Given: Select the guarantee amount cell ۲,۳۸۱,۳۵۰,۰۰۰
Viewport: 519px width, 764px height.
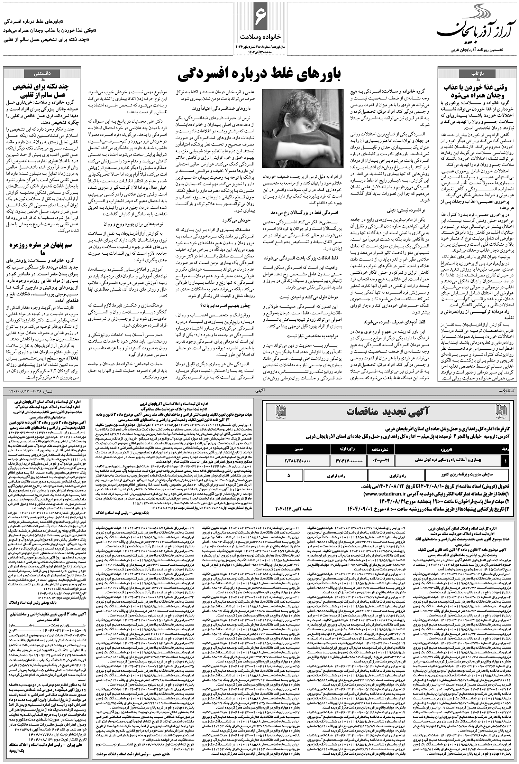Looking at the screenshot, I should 298,460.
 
